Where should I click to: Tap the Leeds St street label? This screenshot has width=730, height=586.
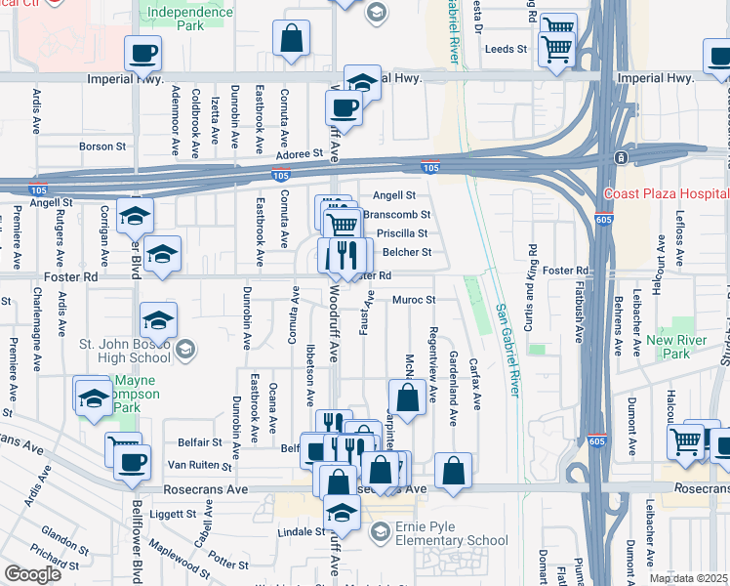click(x=507, y=48)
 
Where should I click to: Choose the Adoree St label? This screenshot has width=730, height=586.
click(x=297, y=153)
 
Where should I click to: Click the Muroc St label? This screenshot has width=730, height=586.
click(x=412, y=300)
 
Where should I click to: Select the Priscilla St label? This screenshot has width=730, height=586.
click(x=403, y=233)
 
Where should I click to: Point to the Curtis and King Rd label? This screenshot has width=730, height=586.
click(x=532, y=281)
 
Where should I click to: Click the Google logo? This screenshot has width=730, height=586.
click(x=31, y=573)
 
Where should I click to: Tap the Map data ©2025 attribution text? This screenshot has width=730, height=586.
click(x=688, y=578)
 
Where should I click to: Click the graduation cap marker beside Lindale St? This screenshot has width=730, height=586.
click(x=342, y=511)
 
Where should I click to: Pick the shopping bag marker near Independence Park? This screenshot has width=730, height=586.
click(x=292, y=40)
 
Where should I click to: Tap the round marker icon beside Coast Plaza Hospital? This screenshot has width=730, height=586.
click(x=620, y=158)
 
